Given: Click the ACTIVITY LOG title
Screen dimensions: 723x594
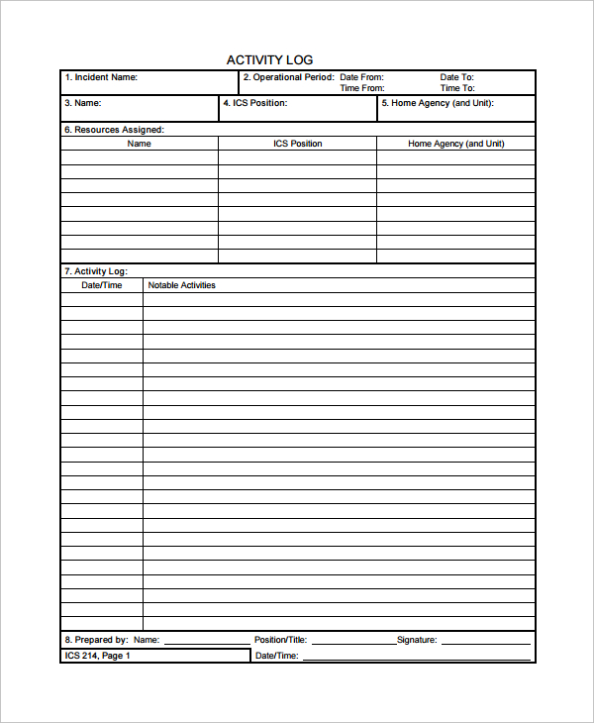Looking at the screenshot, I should click(x=269, y=60).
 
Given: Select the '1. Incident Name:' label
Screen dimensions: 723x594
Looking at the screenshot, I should click(x=101, y=77).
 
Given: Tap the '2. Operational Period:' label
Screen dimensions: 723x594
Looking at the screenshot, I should click(x=288, y=77).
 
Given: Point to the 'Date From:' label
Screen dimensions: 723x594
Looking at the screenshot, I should click(x=361, y=77).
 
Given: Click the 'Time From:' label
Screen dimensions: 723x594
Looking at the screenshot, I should click(x=361, y=88).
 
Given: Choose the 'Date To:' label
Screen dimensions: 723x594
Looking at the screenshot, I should click(x=456, y=77).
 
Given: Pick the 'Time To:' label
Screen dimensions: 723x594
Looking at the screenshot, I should click(x=456, y=88).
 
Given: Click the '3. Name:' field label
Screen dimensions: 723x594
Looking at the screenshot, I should click(x=83, y=103).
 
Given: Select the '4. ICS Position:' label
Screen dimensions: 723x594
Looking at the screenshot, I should click(x=255, y=103).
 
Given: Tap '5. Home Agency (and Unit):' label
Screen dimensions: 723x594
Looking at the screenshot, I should click(x=438, y=103).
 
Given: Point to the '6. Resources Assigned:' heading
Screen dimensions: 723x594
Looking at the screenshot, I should click(x=114, y=130).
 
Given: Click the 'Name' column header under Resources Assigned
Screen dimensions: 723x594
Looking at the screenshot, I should click(x=140, y=144).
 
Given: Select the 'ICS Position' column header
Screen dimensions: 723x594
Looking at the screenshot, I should click(x=298, y=144).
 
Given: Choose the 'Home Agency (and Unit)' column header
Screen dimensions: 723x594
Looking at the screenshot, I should click(x=455, y=144).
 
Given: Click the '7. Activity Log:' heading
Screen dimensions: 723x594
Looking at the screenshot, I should click(x=96, y=271).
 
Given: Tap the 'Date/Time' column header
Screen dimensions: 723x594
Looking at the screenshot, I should click(x=102, y=285).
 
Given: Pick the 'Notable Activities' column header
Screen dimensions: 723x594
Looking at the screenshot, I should click(x=181, y=285).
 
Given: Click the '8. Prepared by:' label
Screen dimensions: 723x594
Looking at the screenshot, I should click(x=96, y=640).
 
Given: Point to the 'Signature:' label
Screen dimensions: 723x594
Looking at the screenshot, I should click(x=417, y=640).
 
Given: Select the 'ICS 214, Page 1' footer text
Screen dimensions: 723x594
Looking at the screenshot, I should click(x=97, y=656).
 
